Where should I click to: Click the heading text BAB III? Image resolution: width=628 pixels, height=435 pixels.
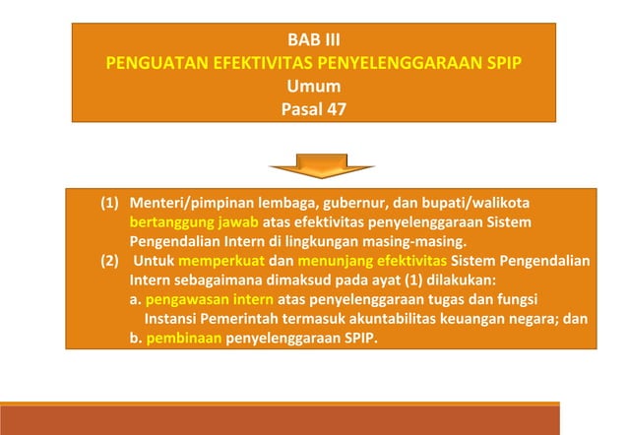click(x=313, y=42)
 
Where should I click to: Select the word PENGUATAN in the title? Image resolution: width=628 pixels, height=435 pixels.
click(x=155, y=64)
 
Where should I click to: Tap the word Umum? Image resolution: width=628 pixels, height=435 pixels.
click(x=313, y=86)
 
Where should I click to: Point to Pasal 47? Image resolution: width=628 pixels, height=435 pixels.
click(x=313, y=107)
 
